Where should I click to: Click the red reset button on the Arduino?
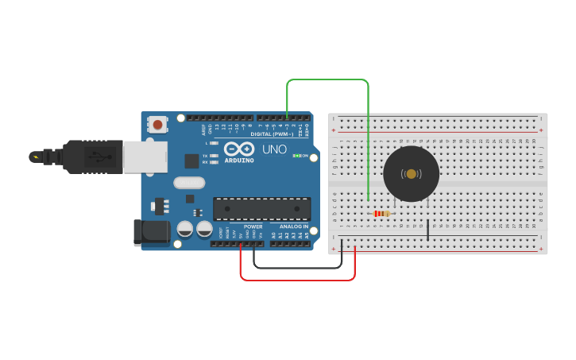(x=158, y=124)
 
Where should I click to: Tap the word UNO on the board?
(x=274, y=149)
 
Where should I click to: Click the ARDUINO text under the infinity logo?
(x=239, y=160)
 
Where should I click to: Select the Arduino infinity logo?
(x=238, y=149)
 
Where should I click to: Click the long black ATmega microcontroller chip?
(x=261, y=208)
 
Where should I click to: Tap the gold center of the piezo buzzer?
(x=411, y=174)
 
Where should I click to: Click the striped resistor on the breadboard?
(x=382, y=213)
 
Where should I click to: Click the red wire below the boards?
(x=298, y=280)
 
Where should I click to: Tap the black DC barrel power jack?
(x=152, y=232)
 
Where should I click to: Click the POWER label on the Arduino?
(x=253, y=226)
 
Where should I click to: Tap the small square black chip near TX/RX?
(x=191, y=161)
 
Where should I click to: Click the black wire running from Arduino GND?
(x=298, y=268)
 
